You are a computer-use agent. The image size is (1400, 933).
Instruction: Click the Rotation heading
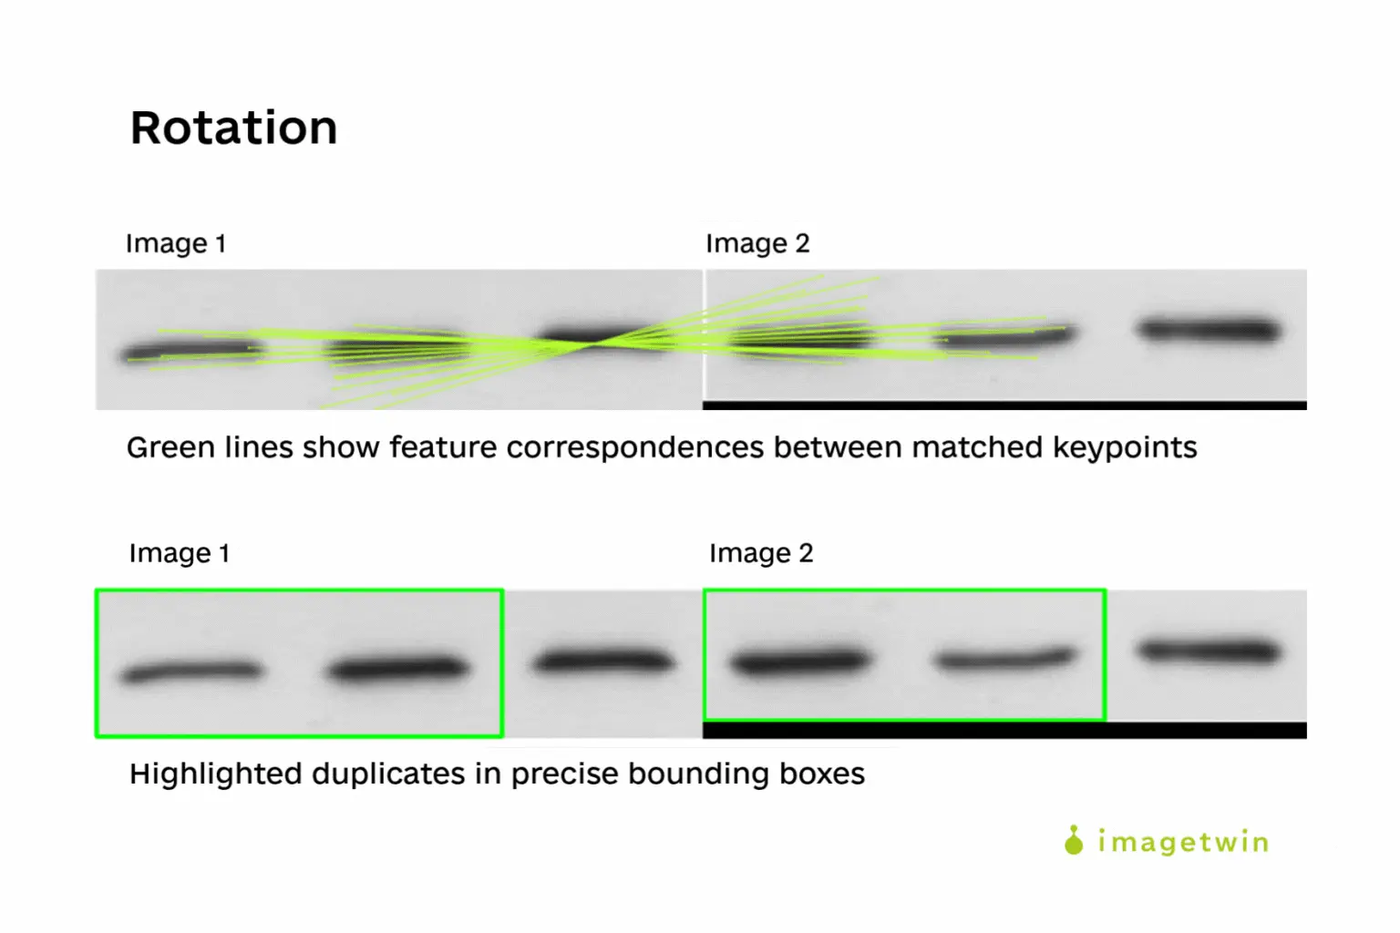click(x=233, y=128)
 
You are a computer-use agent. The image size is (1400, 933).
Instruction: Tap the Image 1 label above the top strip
click(x=176, y=243)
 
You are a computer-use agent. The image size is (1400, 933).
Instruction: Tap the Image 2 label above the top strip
click(x=757, y=243)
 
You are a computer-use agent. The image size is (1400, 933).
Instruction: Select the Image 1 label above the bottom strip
click(x=180, y=553)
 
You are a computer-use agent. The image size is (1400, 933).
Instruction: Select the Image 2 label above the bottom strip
click(x=761, y=553)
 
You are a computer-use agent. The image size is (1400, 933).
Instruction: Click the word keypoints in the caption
click(x=1125, y=448)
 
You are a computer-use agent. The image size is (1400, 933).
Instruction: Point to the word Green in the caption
click(x=170, y=447)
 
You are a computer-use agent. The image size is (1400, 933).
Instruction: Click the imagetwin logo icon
click(x=1074, y=840)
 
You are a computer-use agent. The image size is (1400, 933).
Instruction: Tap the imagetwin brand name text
click(x=1184, y=843)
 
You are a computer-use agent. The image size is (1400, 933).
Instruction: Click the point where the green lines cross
click(x=592, y=343)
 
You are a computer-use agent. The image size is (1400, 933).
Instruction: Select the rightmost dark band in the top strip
click(x=1209, y=330)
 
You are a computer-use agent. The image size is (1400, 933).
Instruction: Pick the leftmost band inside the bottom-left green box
click(x=191, y=672)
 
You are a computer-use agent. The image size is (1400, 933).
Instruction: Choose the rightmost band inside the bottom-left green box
click(x=398, y=668)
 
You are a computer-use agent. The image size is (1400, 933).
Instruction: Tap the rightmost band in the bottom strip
click(x=1209, y=651)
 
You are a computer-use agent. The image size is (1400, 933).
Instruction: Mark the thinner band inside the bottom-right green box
click(x=1005, y=659)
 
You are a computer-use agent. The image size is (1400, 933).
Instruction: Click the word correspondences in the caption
click(x=635, y=448)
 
